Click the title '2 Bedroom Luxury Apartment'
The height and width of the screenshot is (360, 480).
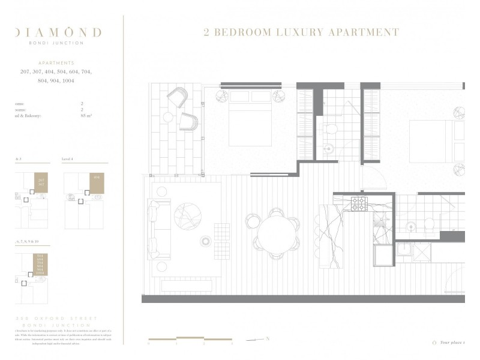[x=301, y=32]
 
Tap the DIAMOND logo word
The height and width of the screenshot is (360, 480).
[x=58, y=32]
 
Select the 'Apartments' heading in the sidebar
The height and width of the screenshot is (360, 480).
[x=56, y=62]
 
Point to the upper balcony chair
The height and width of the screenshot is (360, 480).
[x=177, y=98]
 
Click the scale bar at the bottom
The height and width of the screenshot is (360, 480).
[x=190, y=339]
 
